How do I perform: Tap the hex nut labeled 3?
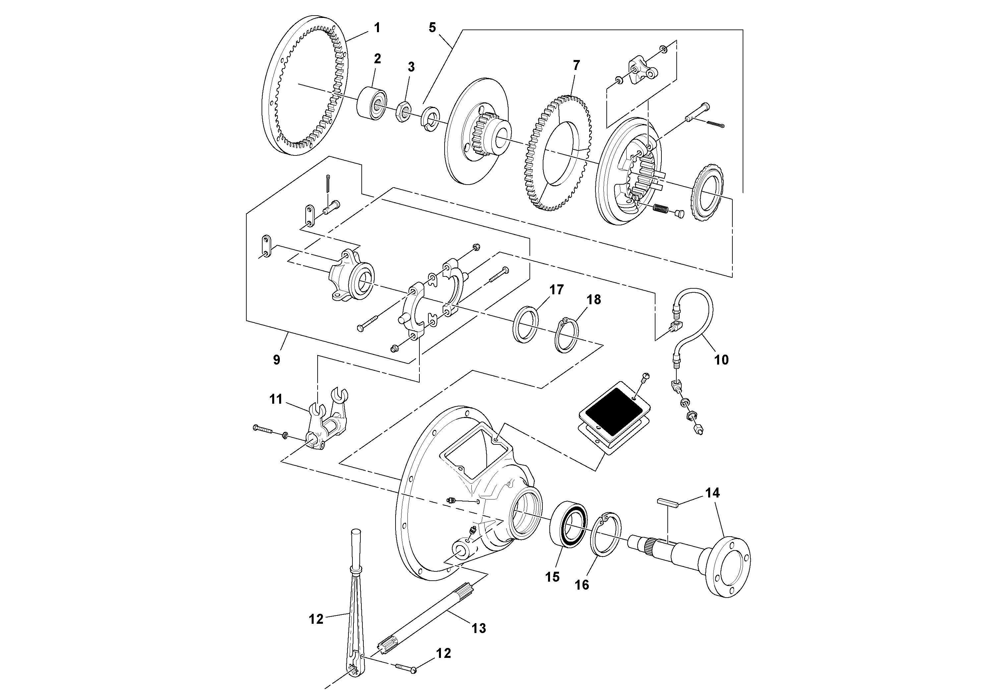point(403,112)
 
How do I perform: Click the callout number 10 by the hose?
point(721,360)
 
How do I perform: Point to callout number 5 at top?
point(432,28)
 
